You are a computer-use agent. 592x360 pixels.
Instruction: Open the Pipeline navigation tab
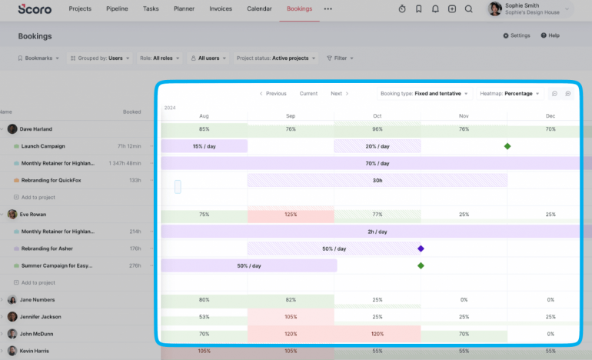(117, 9)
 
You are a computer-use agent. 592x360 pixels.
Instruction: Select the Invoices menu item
(221, 9)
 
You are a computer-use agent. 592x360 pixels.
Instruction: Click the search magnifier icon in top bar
(468, 9)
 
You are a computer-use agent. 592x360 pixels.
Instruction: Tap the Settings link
(517, 35)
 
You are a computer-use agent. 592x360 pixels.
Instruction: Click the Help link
(550, 35)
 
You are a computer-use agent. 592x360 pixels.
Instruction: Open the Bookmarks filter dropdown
(38, 58)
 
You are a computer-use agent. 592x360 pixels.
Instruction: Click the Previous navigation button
(273, 94)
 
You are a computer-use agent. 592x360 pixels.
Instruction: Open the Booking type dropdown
(424, 94)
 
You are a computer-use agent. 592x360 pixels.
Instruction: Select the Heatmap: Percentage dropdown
(510, 94)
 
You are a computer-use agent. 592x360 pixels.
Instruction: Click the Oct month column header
(377, 116)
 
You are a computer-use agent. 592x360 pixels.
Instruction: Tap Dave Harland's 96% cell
(377, 129)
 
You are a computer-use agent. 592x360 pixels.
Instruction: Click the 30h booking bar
(377, 180)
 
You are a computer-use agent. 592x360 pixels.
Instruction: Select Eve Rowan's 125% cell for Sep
(291, 215)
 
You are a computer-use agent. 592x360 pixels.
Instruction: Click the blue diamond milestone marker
(421, 248)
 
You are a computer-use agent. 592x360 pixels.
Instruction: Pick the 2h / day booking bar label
(377, 232)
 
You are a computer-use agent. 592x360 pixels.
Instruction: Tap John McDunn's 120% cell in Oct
(377, 335)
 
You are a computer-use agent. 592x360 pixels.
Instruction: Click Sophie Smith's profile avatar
(495, 9)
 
